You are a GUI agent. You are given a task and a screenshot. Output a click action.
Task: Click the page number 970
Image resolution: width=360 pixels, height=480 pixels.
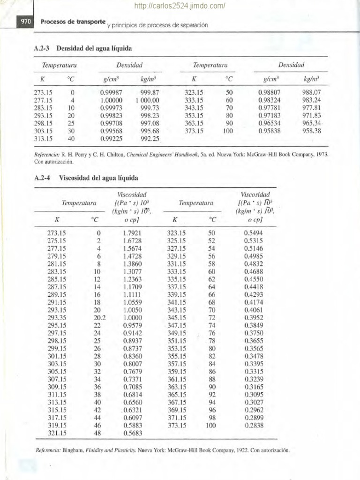pos(24,22)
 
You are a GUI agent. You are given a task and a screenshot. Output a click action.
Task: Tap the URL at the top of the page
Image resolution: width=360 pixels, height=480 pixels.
pos(180,6)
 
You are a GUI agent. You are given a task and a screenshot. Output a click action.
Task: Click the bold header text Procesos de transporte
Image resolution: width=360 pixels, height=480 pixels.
pos(73,22)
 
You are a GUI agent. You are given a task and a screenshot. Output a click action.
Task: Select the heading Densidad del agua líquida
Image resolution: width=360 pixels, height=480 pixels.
pos(96,48)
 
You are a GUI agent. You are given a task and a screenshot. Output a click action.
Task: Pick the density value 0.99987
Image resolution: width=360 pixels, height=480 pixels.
pos(111,93)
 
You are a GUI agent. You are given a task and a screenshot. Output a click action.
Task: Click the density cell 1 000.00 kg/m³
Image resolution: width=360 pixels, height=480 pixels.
pos(148,100)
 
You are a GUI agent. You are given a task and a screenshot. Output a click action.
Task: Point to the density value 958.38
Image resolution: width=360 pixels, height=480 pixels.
pos(312,131)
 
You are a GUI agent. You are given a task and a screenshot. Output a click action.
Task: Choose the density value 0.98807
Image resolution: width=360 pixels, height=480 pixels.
pos(269,93)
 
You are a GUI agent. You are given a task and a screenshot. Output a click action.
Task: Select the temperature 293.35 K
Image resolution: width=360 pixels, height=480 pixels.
pos(57,317)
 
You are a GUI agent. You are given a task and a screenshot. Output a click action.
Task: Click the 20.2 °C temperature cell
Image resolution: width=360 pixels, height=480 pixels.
pos(97,317)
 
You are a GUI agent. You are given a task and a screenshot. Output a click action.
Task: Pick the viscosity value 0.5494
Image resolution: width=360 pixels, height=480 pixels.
pos(254,233)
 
